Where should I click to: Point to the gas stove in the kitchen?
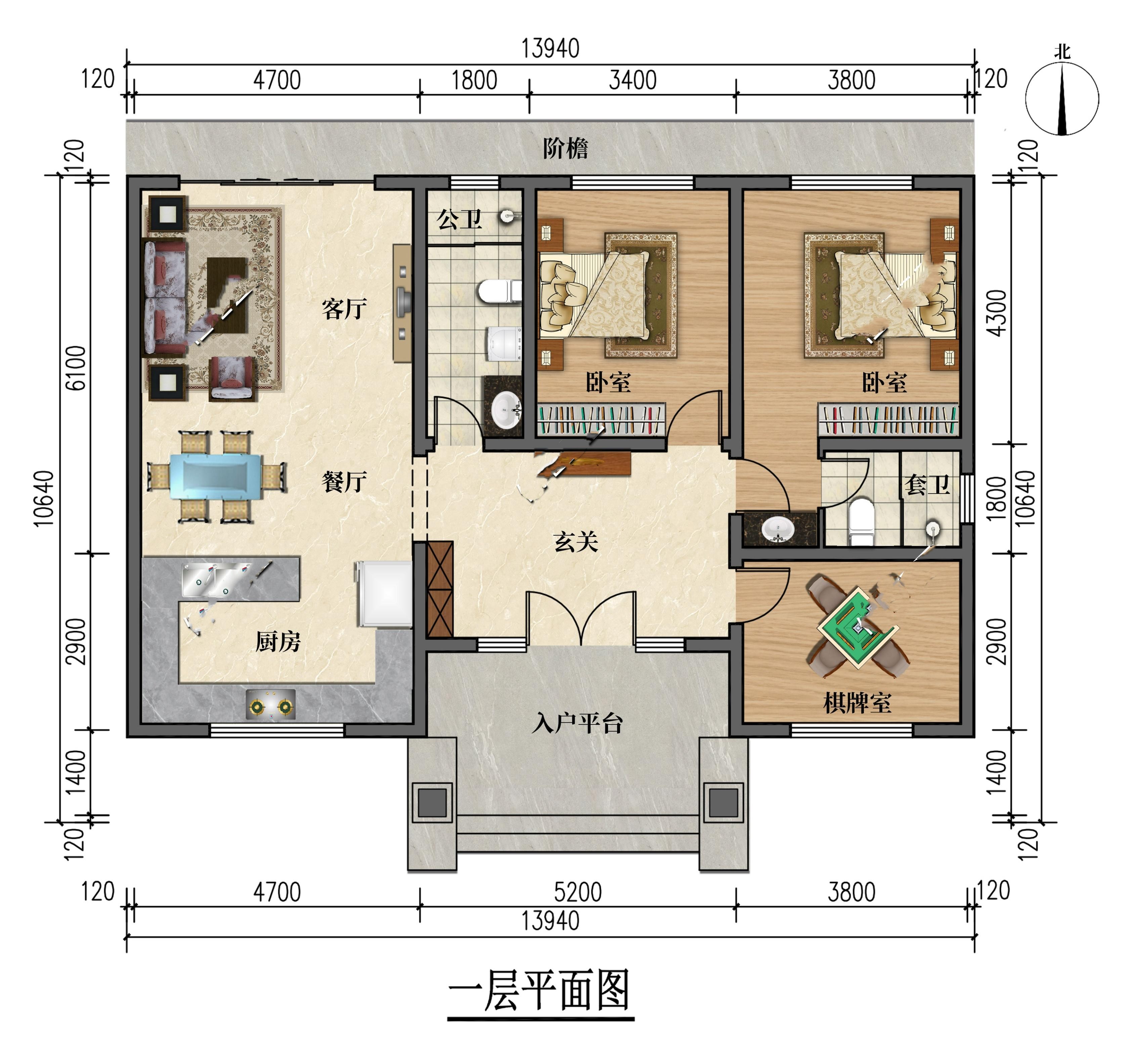click(x=271, y=705)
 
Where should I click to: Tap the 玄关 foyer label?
click(x=576, y=542)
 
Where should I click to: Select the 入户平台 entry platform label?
click(x=577, y=723)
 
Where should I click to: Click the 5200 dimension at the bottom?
click(x=577, y=892)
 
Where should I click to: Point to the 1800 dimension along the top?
click(x=474, y=80)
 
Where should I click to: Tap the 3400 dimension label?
click(x=633, y=80)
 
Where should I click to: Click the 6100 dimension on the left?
click(x=76, y=368)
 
